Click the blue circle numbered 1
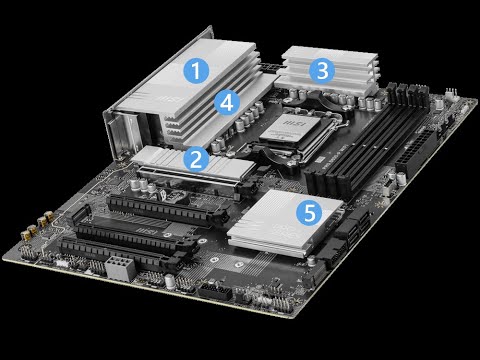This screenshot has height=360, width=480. point(197,70)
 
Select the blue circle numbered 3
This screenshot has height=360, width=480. point(320,70)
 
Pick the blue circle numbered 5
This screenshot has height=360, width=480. point(311,212)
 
